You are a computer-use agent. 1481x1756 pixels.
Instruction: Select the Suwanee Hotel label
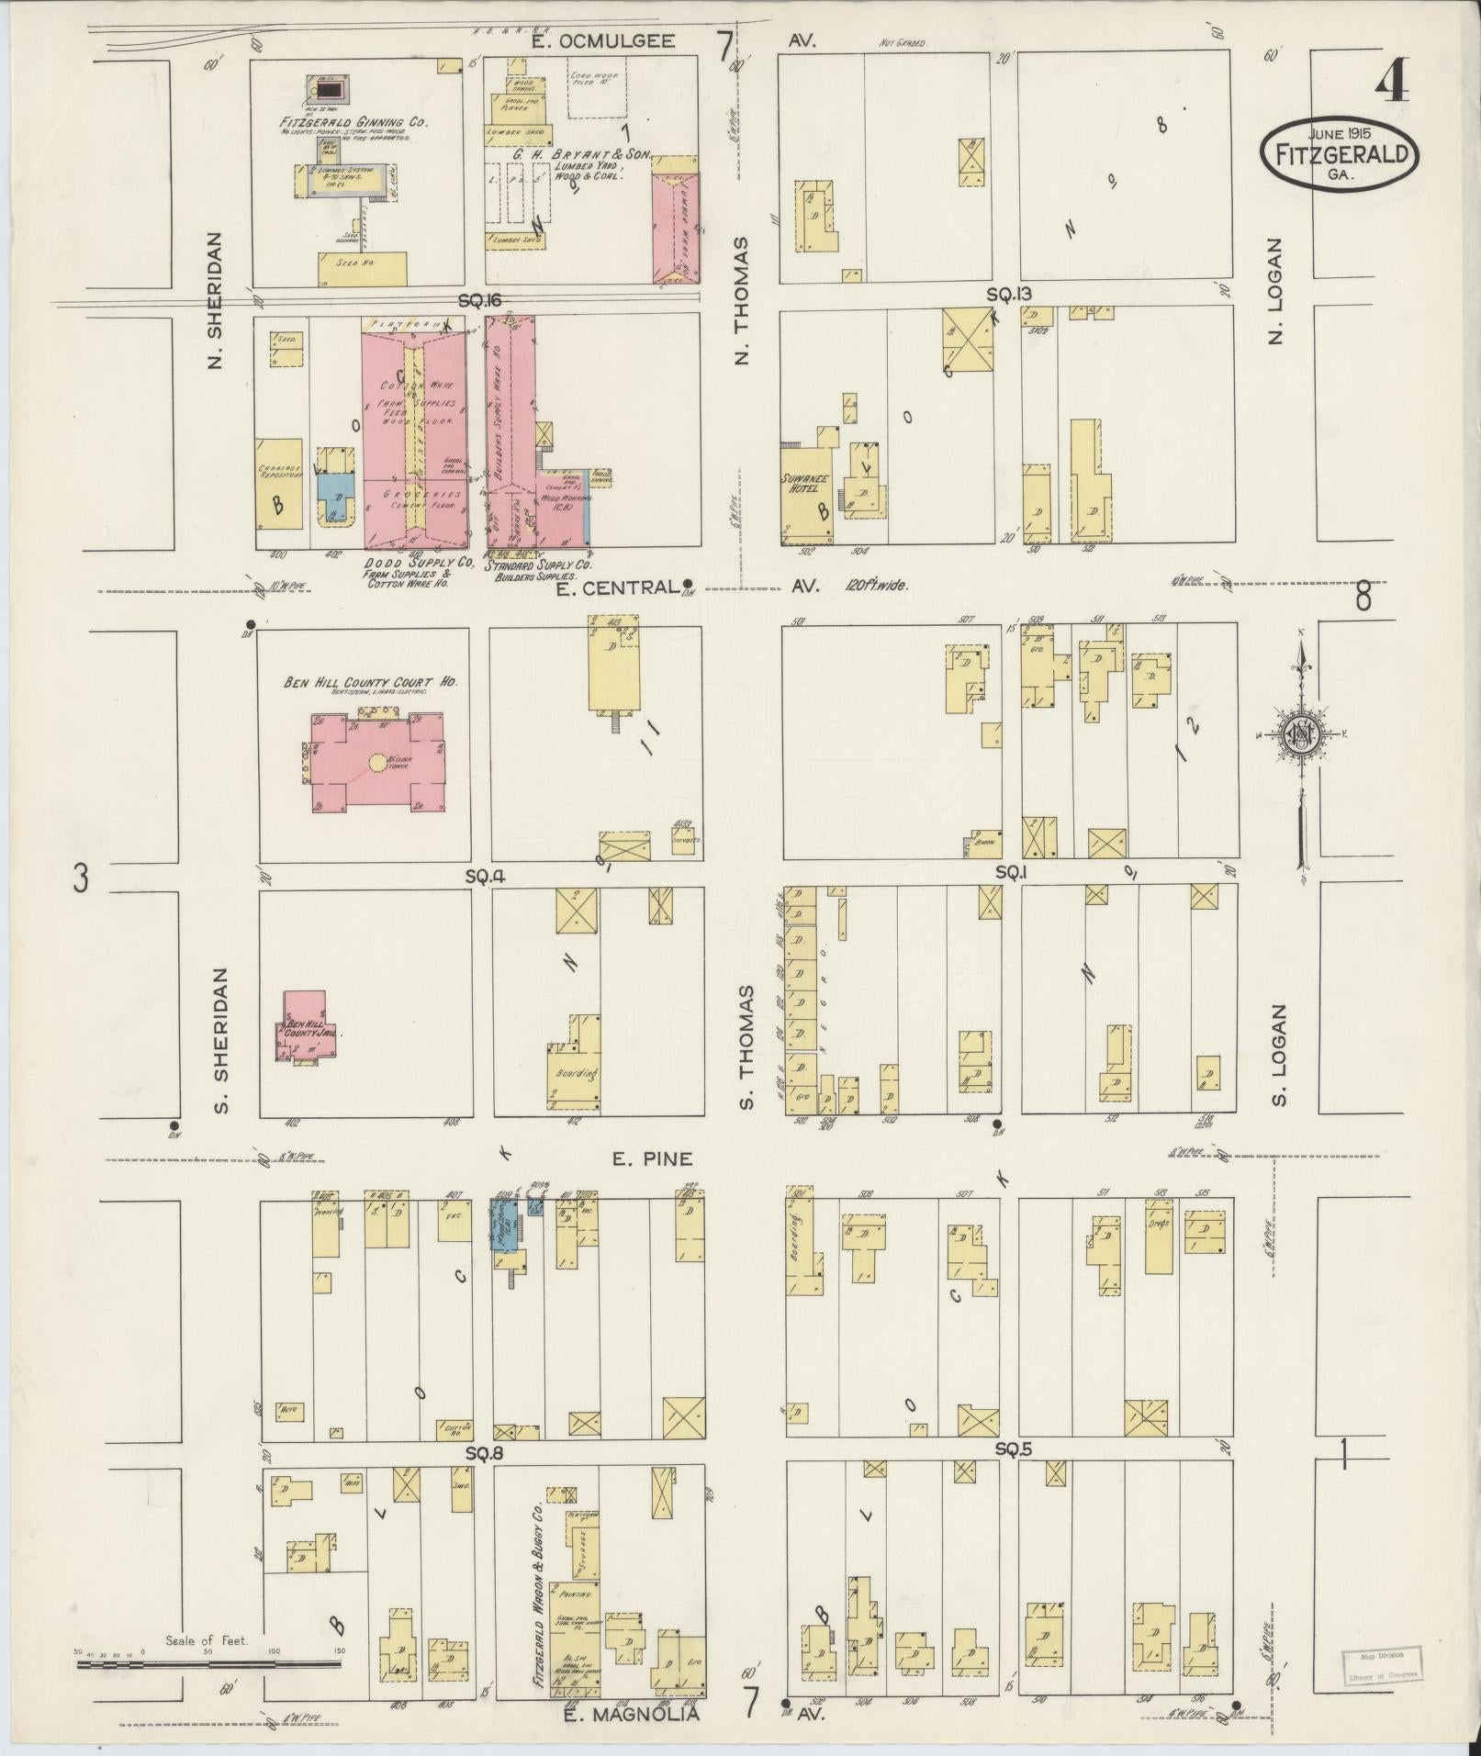pyautogui.click(x=804, y=482)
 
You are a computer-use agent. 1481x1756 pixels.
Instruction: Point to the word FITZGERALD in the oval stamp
pyautogui.click(x=1341, y=153)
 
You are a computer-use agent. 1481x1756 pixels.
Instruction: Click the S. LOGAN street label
pyautogui.click(x=1278, y=1055)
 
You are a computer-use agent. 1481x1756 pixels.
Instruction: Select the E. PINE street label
pyautogui.click(x=652, y=1159)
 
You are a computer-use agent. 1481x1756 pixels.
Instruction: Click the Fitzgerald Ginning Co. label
pyautogui.click(x=353, y=121)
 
